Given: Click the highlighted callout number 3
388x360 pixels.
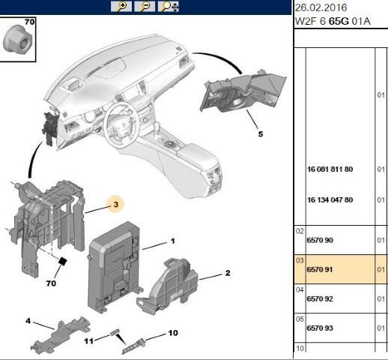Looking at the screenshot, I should click(x=116, y=202).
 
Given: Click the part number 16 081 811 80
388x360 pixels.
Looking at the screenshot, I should click(x=330, y=169).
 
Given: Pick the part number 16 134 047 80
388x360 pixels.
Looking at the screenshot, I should click(x=330, y=199).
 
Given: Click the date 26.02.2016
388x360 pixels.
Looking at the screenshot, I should click(x=316, y=7).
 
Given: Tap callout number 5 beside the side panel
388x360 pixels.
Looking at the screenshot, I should click(x=261, y=135).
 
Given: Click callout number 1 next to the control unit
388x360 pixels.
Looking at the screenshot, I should click(x=172, y=241).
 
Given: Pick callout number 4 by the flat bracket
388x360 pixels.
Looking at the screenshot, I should click(x=28, y=321).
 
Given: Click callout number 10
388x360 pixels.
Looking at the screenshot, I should click(x=172, y=332).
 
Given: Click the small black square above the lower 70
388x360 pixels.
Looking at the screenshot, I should click(x=64, y=262).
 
